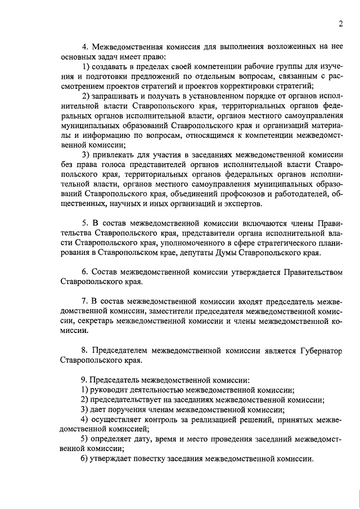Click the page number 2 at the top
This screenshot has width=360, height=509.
[x=341, y=23]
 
